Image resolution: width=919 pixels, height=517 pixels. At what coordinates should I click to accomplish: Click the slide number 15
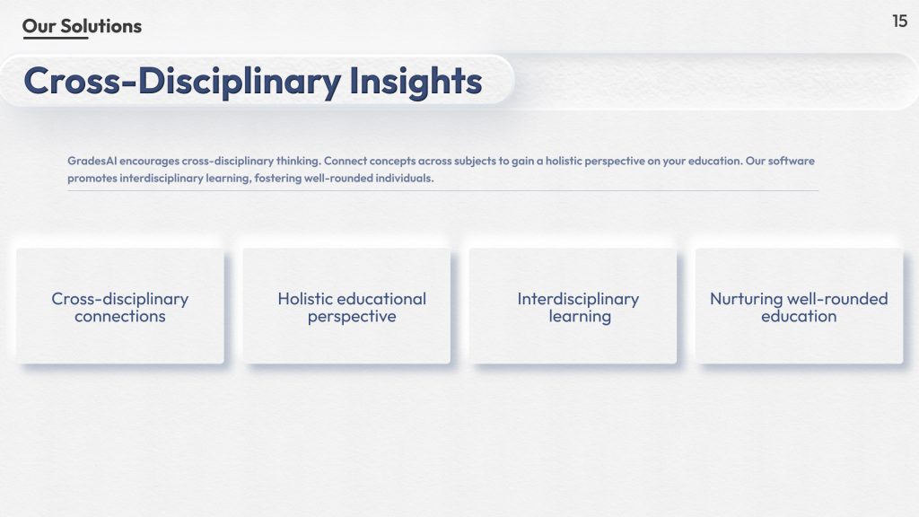click(x=899, y=22)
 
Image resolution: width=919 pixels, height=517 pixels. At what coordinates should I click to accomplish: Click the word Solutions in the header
click(x=101, y=26)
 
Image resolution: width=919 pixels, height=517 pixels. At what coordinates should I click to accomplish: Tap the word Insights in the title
click(x=416, y=82)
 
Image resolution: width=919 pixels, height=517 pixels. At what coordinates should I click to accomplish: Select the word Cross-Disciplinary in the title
click(x=182, y=82)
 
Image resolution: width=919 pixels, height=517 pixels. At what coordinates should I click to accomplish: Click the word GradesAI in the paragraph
click(x=92, y=161)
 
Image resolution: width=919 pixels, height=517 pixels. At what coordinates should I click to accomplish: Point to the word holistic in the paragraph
click(x=564, y=161)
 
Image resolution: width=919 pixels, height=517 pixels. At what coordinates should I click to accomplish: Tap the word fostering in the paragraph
click(x=278, y=179)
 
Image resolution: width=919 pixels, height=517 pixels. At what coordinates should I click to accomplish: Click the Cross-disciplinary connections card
click(x=120, y=306)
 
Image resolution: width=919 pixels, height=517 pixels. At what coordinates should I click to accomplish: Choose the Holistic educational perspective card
click(x=346, y=306)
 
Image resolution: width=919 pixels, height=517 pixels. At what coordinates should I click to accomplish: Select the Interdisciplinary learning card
click(x=573, y=306)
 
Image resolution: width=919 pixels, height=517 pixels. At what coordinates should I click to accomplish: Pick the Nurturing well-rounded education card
click(x=799, y=306)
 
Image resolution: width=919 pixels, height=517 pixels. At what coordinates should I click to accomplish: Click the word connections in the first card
click(x=120, y=317)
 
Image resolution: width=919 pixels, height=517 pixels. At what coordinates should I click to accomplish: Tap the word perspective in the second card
click(x=352, y=317)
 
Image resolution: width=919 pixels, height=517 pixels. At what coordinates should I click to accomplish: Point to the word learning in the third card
click(x=580, y=317)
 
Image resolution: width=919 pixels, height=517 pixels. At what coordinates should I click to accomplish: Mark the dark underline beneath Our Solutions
click(x=56, y=38)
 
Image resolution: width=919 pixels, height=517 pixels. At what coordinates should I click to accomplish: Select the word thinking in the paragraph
click(x=298, y=161)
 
